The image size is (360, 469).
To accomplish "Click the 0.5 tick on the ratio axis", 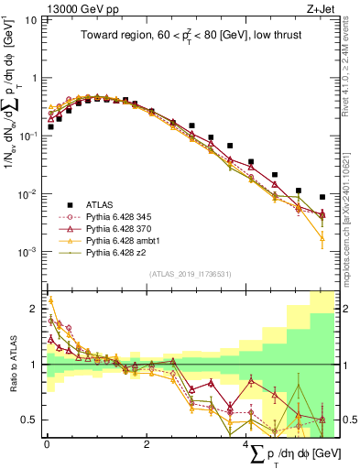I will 32,420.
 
